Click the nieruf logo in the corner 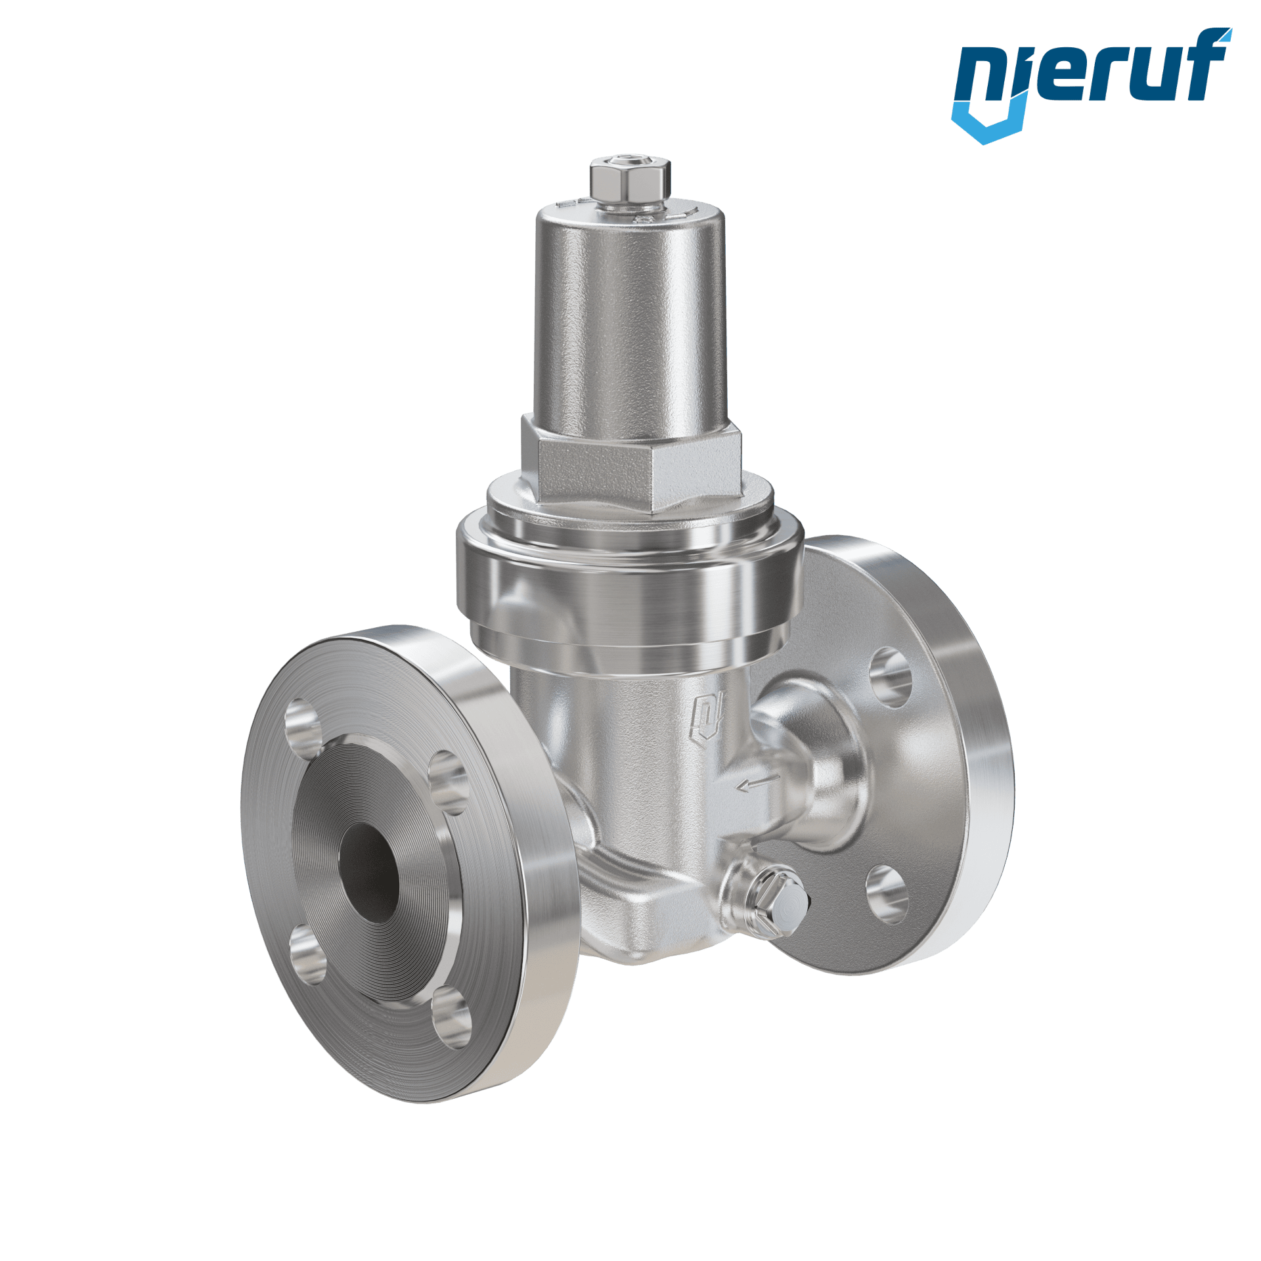click(1092, 85)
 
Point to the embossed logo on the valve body click(709, 719)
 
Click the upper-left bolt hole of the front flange click(304, 725)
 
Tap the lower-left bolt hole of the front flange click(307, 954)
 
